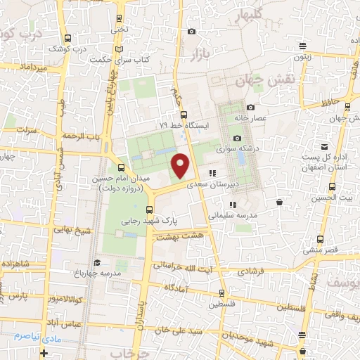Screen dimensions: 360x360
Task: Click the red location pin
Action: pyautogui.click(x=181, y=166)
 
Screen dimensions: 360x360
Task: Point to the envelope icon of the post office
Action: pyautogui.click(x=324, y=147)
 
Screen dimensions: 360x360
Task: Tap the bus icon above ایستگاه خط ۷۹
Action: pyautogui.click(x=184, y=115)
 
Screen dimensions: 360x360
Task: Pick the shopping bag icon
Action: pyautogui.click(x=280, y=202)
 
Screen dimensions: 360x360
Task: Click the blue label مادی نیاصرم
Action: pyautogui.click(x=26, y=336)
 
